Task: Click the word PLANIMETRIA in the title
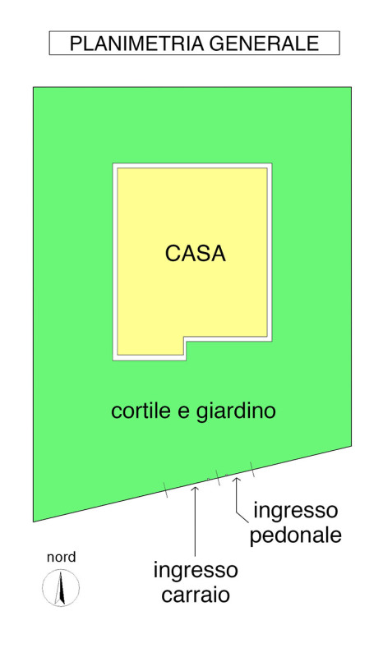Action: pyautogui.click(x=136, y=44)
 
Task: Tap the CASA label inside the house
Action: pyautogui.click(x=195, y=254)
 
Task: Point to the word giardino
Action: pyautogui.click(x=236, y=411)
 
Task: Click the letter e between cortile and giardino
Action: pyautogui.click(x=184, y=412)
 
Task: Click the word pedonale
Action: pyautogui.click(x=295, y=535)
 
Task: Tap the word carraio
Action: pyautogui.click(x=196, y=595)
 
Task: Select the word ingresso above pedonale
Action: pyautogui.click(x=295, y=511)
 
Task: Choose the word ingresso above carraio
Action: pyautogui.click(x=196, y=571)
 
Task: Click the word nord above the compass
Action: pyautogui.click(x=62, y=558)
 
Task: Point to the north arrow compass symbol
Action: pyautogui.click(x=61, y=587)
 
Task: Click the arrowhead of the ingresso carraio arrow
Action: pyautogui.click(x=195, y=487)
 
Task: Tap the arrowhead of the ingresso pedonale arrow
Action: pyautogui.click(x=237, y=479)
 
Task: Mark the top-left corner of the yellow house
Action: pyautogui.click(x=117, y=168)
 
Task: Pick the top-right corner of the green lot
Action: pyautogui.click(x=351, y=87)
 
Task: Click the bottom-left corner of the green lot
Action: pyautogui.click(x=34, y=521)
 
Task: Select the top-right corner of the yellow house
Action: pyautogui.click(x=267, y=168)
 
